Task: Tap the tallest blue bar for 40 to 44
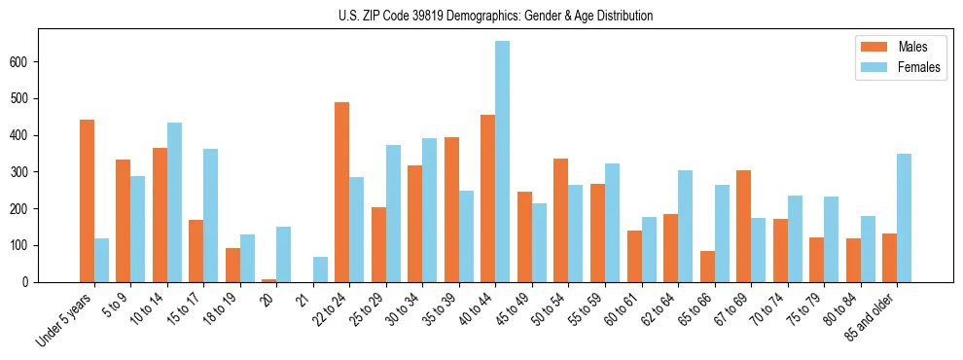click(502, 162)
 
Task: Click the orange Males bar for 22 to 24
click(341, 192)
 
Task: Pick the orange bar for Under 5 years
click(87, 200)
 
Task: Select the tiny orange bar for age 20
click(268, 280)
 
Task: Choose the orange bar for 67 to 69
click(743, 226)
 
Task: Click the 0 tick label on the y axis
click(31, 282)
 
